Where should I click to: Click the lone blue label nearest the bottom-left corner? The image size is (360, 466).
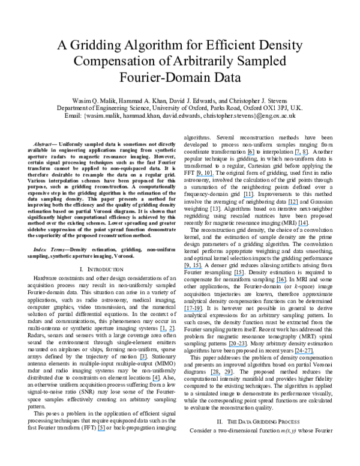tap(101, 431)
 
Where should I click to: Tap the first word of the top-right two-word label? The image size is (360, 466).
tap(298, 155)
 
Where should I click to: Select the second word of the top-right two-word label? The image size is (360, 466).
tap(305, 155)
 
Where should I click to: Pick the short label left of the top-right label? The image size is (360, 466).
tap(251, 155)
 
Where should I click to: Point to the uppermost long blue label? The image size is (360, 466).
tap(205, 176)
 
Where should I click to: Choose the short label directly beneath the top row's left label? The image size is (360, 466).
tap(248, 198)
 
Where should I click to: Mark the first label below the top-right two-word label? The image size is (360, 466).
tap(293, 205)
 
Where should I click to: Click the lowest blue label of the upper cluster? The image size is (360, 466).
tap(302, 226)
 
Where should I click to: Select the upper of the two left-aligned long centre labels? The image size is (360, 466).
tap(193, 268)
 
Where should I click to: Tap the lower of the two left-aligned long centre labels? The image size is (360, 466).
tap(193, 312)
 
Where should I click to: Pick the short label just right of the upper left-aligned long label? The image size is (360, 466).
tap(239, 276)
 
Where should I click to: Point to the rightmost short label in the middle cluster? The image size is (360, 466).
tap(280, 283)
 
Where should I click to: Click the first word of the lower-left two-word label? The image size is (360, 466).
tap(163, 331)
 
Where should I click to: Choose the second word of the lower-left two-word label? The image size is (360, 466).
tap(171, 331)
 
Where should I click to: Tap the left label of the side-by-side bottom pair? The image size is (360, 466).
tap(215, 375)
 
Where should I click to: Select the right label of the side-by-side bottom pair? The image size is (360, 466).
tap(229, 375)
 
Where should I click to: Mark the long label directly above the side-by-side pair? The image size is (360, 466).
tap(237, 347)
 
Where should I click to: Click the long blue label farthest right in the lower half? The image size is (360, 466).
tap(304, 354)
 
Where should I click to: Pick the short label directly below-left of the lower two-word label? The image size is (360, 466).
tap(143, 360)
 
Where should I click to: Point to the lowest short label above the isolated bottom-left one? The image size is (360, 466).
tap(155, 381)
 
